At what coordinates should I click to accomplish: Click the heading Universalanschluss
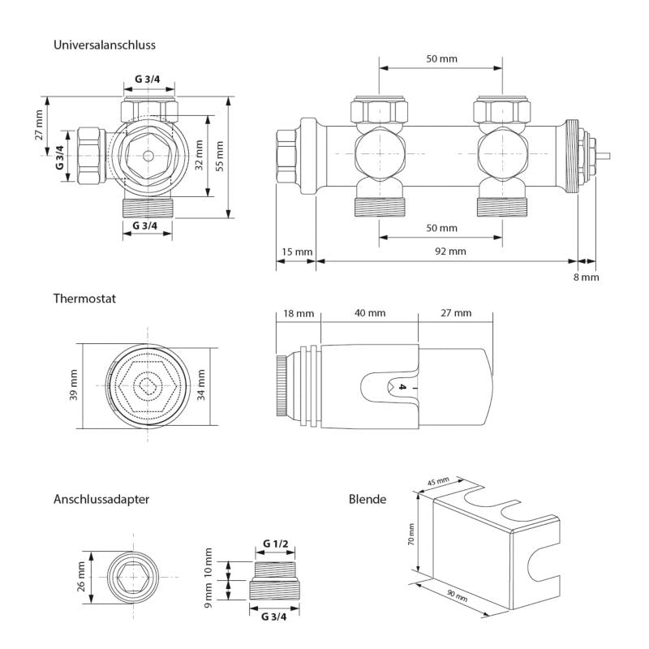tap(105, 45)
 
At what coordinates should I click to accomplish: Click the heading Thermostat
tap(84, 299)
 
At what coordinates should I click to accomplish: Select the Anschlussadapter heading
tap(101, 499)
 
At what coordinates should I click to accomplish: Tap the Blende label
tap(367, 499)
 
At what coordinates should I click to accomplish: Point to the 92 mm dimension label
tap(450, 251)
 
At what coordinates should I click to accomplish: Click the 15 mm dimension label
tap(297, 251)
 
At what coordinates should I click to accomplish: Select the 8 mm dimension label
tap(586, 277)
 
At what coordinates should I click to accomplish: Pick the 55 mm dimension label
tap(220, 156)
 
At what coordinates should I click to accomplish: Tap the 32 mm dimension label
tap(199, 155)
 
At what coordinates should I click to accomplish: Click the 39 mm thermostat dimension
tap(73, 385)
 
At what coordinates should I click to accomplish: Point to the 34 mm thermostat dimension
tap(201, 385)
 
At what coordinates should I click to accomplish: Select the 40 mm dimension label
tap(370, 313)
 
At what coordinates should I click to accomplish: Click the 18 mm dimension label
tap(299, 313)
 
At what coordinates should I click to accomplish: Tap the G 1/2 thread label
tap(276, 544)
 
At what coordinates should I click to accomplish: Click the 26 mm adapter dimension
tap(81, 577)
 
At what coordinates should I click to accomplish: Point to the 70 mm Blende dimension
tap(411, 535)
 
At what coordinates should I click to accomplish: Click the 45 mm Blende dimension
tap(438, 482)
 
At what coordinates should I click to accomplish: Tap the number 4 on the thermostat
tap(402, 387)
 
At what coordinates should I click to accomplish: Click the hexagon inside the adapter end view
tap(133, 577)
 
